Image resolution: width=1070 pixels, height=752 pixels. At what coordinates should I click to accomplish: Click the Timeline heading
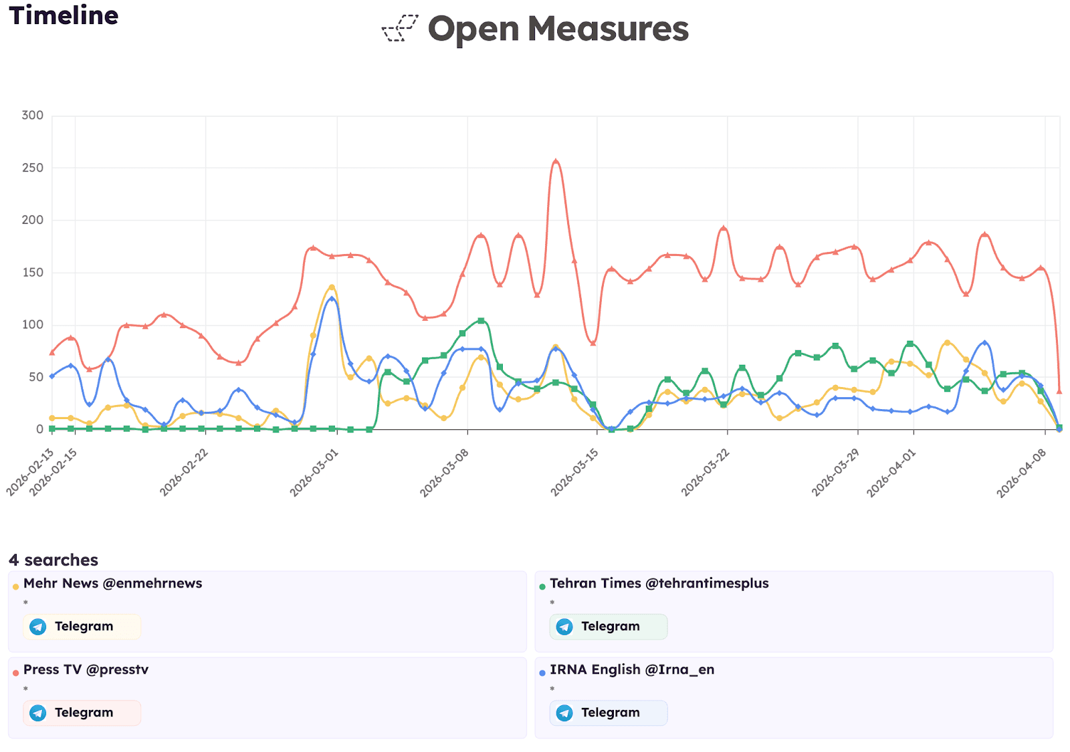[64, 15]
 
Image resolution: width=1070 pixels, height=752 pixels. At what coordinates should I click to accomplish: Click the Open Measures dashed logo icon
[400, 29]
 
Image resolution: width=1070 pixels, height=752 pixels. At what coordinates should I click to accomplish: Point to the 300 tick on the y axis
[32, 115]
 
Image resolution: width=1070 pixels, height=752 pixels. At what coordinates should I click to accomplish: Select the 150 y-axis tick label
[32, 272]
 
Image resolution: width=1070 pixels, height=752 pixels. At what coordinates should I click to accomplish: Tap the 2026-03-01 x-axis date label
[314, 473]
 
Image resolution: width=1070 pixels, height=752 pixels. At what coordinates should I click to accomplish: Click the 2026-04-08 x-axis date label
[1021, 473]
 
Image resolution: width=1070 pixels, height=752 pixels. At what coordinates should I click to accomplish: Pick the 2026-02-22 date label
[184, 473]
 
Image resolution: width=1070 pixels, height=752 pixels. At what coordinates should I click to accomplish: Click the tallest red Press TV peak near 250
[556, 161]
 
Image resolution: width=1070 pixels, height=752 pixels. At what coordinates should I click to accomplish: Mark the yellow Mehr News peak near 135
[332, 287]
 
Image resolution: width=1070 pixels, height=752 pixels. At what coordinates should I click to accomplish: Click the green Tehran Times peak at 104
[481, 321]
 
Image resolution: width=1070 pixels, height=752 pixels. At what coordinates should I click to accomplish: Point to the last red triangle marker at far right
[1059, 391]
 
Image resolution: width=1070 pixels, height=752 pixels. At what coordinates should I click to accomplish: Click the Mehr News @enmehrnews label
[112, 583]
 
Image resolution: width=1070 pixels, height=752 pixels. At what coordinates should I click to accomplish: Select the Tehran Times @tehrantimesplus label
[659, 583]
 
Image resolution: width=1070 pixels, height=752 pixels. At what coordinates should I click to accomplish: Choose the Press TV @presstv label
[86, 669]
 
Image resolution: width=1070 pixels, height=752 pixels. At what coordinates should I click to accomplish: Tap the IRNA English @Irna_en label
[631, 669]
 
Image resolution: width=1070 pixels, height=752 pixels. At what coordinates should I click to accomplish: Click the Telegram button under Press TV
[82, 713]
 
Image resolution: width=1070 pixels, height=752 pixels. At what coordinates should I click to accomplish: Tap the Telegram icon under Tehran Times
[564, 626]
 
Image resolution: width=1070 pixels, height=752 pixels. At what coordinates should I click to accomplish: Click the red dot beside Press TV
[15, 673]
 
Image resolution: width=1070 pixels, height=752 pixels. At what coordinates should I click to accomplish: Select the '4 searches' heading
[53, 559]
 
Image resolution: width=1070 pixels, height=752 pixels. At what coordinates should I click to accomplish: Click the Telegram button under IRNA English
[608, 713]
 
